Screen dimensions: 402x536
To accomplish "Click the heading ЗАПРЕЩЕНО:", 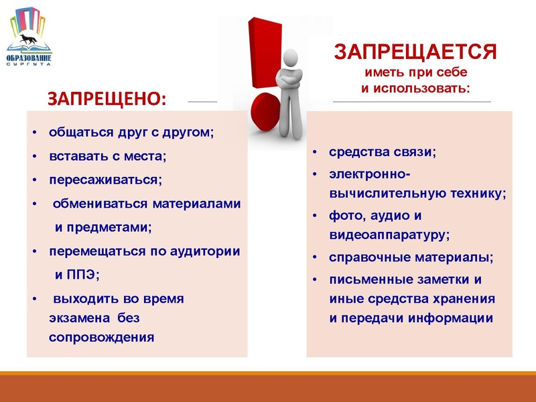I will point(107,98).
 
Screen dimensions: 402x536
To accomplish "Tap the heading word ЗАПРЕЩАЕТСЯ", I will point(415,52).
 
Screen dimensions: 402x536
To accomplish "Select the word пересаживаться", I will point(105,180).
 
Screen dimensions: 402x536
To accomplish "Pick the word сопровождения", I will point(101,336).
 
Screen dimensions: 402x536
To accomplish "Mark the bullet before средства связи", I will point(314,153).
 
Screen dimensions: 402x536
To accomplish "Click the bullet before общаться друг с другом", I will point(35,133).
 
